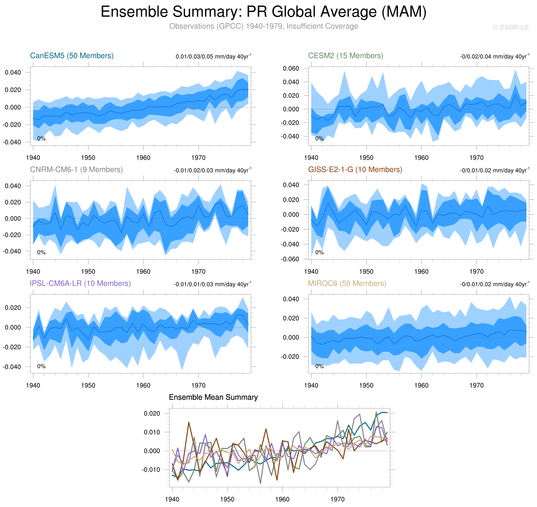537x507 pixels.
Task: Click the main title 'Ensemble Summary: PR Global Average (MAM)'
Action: point(263,12)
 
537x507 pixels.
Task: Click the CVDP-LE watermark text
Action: point(510,28)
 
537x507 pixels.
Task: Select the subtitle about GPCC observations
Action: point(263,26)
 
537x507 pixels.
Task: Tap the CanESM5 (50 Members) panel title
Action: point(72,56)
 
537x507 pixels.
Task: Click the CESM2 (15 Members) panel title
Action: point(345,56)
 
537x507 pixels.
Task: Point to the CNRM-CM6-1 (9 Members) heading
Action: point(76,169)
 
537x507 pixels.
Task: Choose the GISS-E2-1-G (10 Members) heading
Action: point(355,169)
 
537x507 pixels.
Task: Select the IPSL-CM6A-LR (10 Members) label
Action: point(80,283)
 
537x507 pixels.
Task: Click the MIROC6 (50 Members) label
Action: point(347,283)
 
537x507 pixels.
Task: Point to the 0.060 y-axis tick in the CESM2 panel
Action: point(291,68)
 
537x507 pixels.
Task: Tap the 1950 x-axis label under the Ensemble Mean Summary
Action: point(227,499)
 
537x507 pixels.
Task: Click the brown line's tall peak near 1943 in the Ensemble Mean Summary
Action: point(189,422)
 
